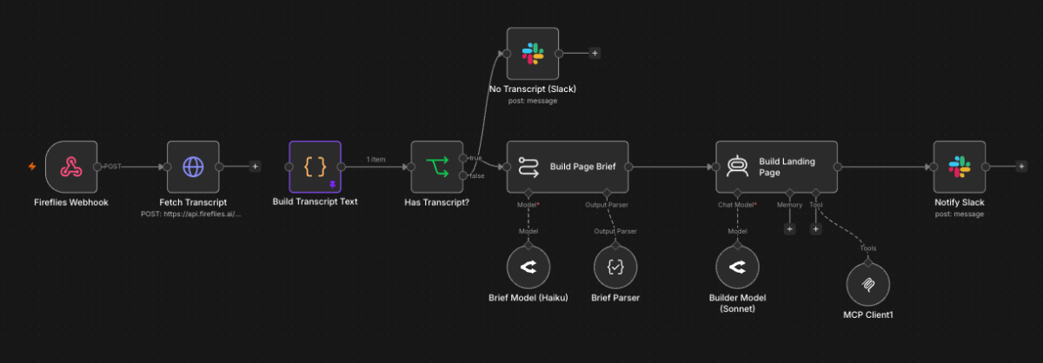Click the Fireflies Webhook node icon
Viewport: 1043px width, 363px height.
tap(71, 167)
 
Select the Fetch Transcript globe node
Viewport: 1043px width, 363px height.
tap(193, 167)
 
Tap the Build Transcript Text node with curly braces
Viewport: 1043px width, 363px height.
tap(316, 167)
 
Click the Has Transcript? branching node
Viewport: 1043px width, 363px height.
tap(437, 167)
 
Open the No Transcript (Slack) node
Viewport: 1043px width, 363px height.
tap(533, 54)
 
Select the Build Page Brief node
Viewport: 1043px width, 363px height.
tap(568, 167)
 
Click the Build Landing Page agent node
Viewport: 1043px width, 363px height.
tap(777, 167)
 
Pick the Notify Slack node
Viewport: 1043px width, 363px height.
tap(960, 167)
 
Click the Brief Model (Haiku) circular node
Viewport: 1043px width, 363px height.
tap(528, 267)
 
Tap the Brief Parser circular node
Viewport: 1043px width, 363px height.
tap(615, 267)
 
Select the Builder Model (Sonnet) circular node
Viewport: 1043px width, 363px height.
tap(738, 267)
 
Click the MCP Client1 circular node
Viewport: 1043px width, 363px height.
tap(868, 284)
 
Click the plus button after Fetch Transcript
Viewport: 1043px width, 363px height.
tap(256, 166)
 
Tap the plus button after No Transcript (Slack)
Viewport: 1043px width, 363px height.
tap(595, 53)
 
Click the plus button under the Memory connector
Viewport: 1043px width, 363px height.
tap(790, 229)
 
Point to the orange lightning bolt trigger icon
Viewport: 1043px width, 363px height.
tap(32, 166)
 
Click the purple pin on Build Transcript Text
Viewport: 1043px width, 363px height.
tap(332, 185)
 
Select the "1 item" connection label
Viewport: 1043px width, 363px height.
tap(375, 159)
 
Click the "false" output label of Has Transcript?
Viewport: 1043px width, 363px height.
tap(477, 176)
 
